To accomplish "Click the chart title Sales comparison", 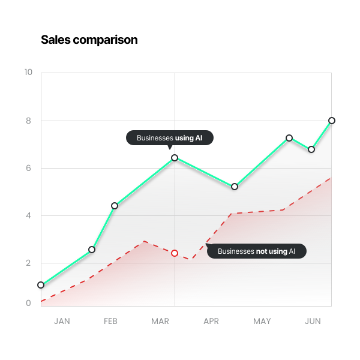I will click(89, 40).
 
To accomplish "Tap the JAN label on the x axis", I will click(62, 322).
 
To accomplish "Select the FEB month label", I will click(110, 322).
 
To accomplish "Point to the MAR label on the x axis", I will click(160, 322).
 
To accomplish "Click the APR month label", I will click(211, 322).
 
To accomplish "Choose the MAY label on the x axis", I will click(262, 322).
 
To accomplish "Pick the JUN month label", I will click(313, 322).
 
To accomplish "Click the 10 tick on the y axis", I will click(28, 73).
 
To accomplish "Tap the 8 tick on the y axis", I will click(28, 121).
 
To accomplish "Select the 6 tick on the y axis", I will click(28, 168).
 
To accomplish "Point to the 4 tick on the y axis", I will click(28, 215).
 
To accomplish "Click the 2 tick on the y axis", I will click(28, 263).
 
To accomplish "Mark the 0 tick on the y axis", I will click(28, 304).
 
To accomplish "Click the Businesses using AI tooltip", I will click(170, 138).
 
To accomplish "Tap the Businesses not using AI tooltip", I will click(257, 251).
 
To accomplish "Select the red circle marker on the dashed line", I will click(175, 253).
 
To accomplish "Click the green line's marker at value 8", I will click(332, 121).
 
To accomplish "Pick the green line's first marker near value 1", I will click(41, 285).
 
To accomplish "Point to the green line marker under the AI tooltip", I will click(175, 158).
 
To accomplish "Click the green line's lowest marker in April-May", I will click(235, 187).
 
